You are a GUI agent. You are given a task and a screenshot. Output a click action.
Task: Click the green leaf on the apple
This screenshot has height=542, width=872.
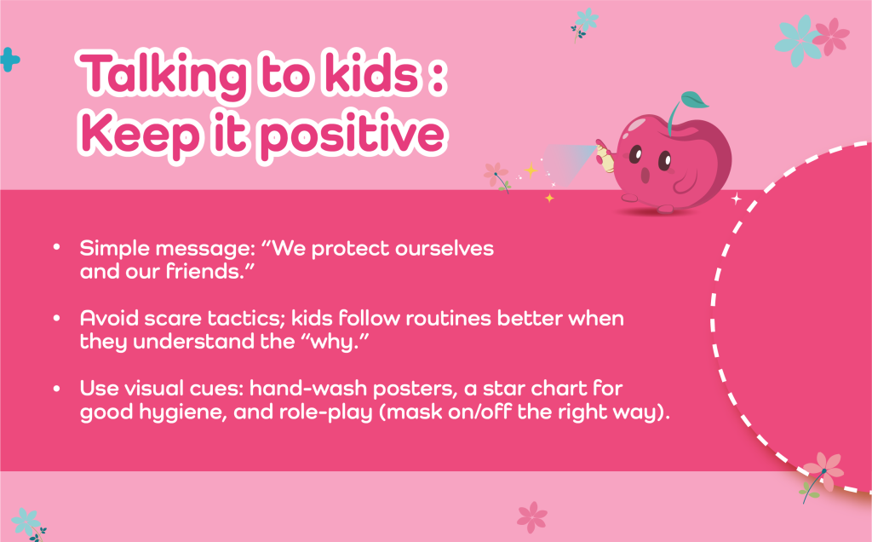[694, 101]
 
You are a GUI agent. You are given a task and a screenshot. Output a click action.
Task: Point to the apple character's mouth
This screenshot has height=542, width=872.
[645, 176]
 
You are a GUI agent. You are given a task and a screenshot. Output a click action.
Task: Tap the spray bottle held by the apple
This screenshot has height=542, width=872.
[605, 157]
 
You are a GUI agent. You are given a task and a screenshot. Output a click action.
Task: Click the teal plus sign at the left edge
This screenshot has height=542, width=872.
[9, 60]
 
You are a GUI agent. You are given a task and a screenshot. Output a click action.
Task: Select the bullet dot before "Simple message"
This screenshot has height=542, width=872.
[57, 247]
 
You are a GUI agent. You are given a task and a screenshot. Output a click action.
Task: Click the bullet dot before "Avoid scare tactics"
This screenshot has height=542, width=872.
[57, 318]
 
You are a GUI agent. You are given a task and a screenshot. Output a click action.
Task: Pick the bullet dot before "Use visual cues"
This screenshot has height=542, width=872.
[57, 388]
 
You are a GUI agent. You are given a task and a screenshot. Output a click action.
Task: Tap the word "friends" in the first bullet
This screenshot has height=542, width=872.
[201, 272]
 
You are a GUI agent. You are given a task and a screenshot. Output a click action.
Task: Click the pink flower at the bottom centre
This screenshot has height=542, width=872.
[532, 516]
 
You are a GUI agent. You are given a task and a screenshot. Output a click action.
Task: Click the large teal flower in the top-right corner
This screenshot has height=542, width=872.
[799, 40]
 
